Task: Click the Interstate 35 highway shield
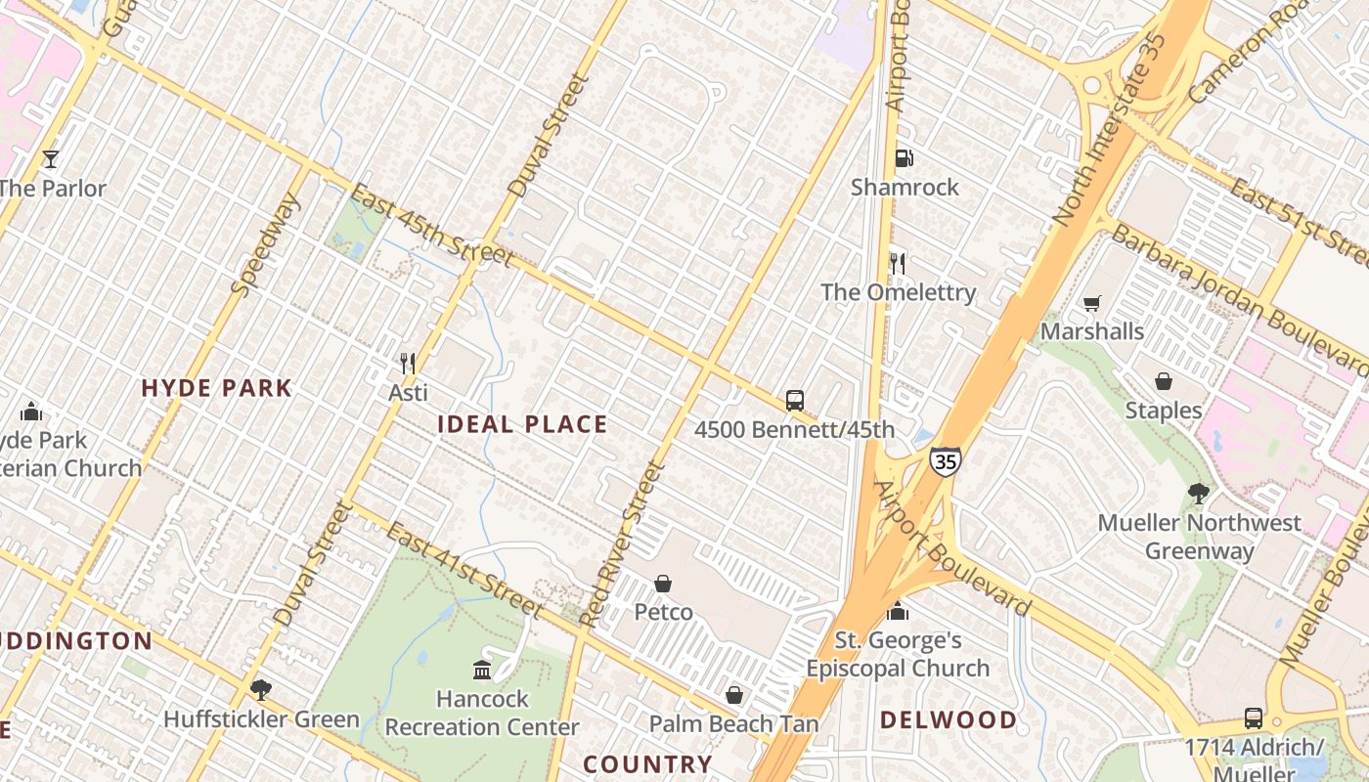click(x=945, y=461)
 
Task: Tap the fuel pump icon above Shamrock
click(x=905, y=158)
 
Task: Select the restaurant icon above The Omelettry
click(x=898, y=263)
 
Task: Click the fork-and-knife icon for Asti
click(x=408, y=364)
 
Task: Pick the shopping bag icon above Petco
click(x=663, y=584)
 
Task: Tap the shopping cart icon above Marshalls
click(x=1092, y=304)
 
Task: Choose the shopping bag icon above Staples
click(x=1164, y=381)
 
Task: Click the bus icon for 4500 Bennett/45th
click(x=795, y=401)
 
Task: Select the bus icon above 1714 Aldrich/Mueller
click(x=1254, y=718)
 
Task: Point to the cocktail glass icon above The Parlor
click(x=51, y=159)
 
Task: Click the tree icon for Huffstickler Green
click(x=260, y=690)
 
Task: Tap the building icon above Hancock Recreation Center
click(x=482, y=670)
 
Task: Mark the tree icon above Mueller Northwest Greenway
click(x=1199, y=494)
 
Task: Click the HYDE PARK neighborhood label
click(x=217, y=388)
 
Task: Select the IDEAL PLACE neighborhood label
click(x=522, y=424)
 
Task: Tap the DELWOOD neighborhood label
click(x=949, y=720)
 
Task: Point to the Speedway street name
click(x=265, y=244)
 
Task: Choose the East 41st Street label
click(x=464, y=570)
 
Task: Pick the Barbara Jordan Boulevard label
click(x=1241, y=299)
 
